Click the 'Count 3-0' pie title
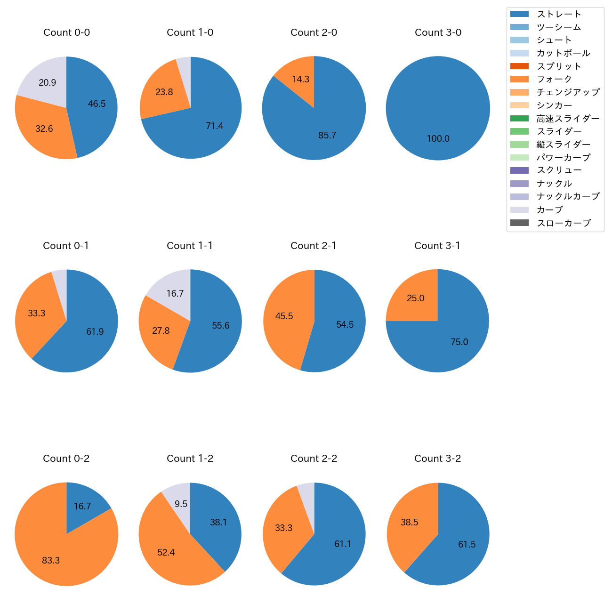click(x=438, y=32)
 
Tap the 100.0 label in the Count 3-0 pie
click(x=438, y=138)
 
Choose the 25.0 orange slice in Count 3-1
click(x=415, y=298)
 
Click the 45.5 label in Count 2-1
click(x=284, y=316)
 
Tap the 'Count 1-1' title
click(x=190, y=246)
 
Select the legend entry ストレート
click(x=559, y=14)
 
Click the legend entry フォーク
click(x=554, y=79)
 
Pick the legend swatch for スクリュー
click(x=519, y=170)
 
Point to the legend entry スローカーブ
click(x=564, y=223)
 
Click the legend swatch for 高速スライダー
click(x=519, y=118)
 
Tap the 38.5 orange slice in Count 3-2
click(x=410, y=522)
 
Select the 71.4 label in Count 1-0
click(x=214, y=126)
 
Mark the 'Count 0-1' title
click(x=66, y=246)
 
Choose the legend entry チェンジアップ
click(x=568, y=92)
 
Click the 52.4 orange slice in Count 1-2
click(x=166, y=552)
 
